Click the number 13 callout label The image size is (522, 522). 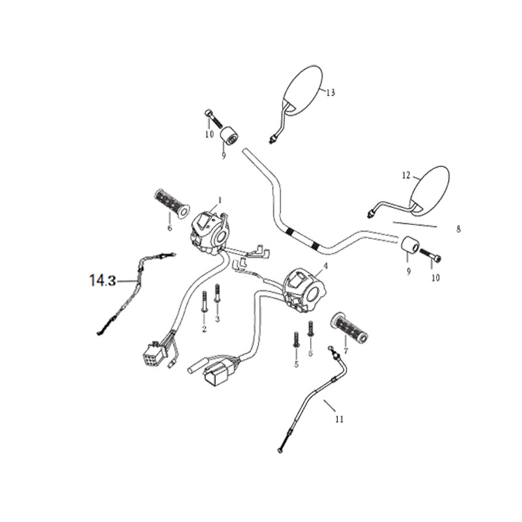pyautogui.click(x=330, y=92)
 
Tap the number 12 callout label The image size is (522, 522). pyautogui.click(x=406, y=175)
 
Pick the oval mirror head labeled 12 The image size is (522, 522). pyautogui.click(x=429, y=190)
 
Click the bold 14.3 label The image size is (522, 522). pyautogui.click(x=103, y=281)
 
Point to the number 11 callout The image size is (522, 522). pyautogui.click(x=339, y=419)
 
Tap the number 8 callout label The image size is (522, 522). pyautogui.click(x=459, y=229)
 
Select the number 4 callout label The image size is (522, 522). pyautogui.click(x=325, y=266)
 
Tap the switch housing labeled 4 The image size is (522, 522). pyautogui.click(x=305, y=290)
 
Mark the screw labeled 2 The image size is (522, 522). pyautogui.click(x=204, y=301)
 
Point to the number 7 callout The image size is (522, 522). pyautogui.click(x=346, y=350)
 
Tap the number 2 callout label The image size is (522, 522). pyautogui.click(x=204, y=329)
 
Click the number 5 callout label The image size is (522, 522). pyautogui.click(x=296, y=365)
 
